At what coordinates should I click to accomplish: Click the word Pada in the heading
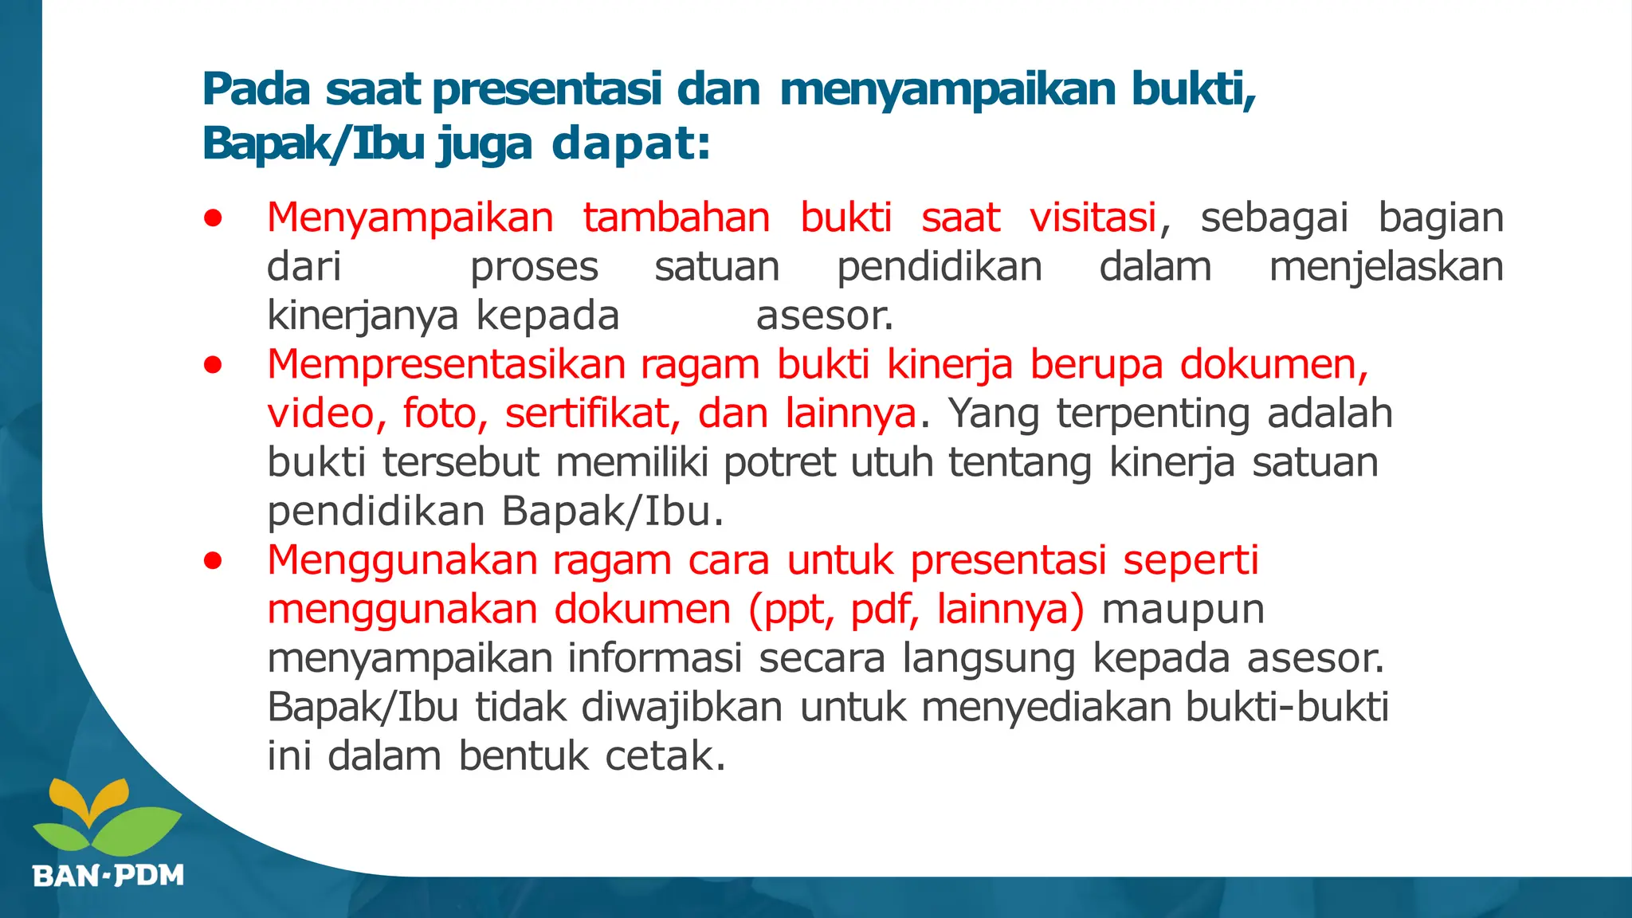256,88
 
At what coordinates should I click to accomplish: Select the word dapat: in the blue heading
630,144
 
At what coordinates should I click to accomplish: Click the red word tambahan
676,218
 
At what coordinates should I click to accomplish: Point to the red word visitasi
1093,218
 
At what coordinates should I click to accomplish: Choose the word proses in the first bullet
534,267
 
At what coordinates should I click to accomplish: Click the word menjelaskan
1386,267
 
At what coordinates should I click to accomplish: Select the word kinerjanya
363,316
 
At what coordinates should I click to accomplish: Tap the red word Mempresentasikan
446,365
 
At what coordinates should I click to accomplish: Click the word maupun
1183,610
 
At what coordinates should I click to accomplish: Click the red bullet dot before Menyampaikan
213,218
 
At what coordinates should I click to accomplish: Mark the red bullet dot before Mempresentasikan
213,365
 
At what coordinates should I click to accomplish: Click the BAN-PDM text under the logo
108,876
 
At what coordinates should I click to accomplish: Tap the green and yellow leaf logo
108,817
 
